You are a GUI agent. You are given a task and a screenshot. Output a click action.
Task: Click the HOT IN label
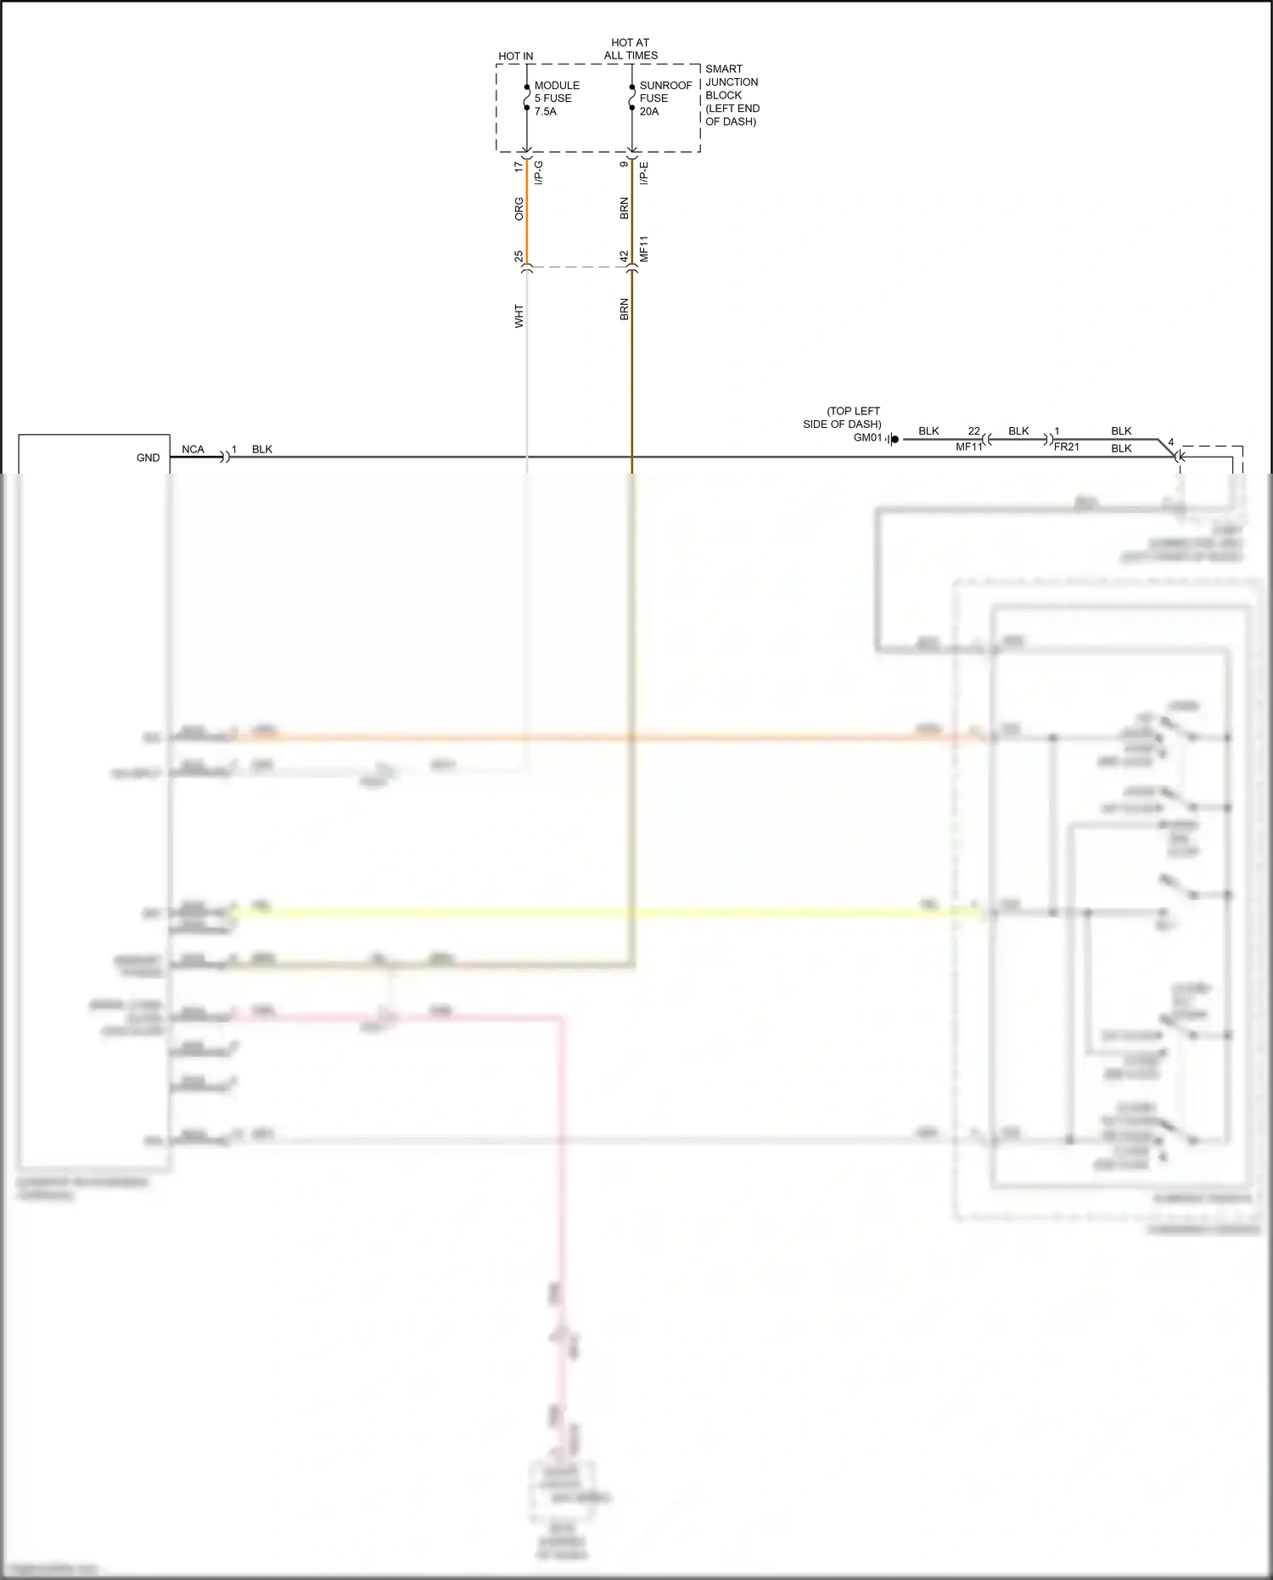(x=515, y=56)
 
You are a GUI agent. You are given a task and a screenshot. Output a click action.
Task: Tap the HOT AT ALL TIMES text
(x=631, y=48)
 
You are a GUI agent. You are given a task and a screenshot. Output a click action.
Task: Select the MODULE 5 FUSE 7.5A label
(x=557, y=98)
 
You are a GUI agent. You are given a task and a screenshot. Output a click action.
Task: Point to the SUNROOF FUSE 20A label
(x=665, y=98)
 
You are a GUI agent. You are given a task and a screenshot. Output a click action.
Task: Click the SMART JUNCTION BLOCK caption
(x=732, y=95)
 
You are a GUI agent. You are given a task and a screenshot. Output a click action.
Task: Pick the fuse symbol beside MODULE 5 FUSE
(x=527, y=98)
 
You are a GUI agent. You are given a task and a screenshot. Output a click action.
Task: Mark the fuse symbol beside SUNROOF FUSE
(x=632, y=98)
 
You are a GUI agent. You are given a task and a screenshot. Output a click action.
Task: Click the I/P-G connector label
(x=539, y=172)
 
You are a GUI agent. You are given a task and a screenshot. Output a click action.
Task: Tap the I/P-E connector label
(x=644, y=173)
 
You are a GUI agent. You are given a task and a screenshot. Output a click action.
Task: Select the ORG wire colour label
(x=519, y=209)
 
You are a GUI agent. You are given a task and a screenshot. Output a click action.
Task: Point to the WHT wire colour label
(x=519, y=316)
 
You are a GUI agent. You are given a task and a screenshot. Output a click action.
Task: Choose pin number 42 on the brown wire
(x=624, y=256)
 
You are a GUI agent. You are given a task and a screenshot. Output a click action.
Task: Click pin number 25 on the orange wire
(x=519, y=256)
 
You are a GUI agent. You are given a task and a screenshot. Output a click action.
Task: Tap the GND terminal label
(x=148, y=458)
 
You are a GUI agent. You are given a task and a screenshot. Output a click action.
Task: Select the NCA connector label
(x=193, y=449)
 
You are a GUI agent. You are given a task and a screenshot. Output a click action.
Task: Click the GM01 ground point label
(x=867, y=438)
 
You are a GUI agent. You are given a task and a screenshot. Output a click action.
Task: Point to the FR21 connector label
(x=1066, y=447)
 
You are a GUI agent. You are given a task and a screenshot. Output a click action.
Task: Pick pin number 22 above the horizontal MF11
(x=973, y=431)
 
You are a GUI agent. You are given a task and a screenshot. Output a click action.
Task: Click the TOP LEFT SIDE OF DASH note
(x=842, y=418)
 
